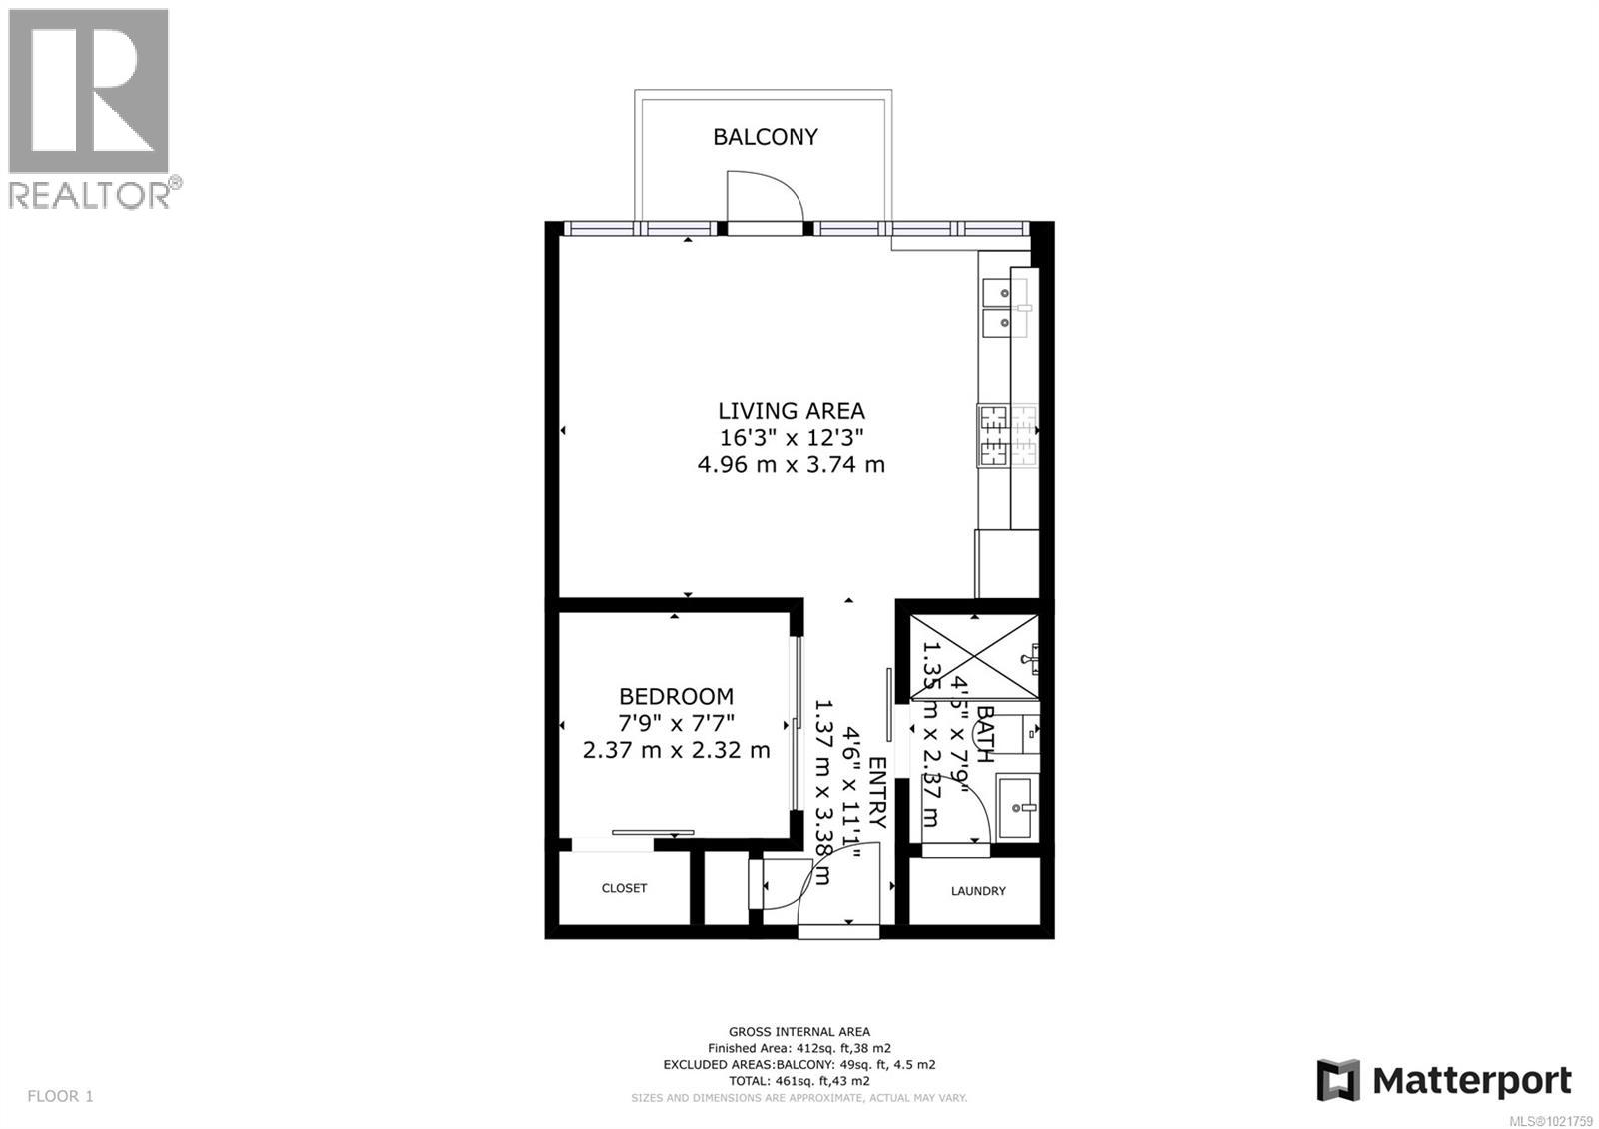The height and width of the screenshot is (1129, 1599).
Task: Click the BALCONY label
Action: pos(765,137)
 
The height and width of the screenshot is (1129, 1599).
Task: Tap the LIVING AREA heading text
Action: pos(791,410)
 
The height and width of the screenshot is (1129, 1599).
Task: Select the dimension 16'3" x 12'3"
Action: pos(791,437)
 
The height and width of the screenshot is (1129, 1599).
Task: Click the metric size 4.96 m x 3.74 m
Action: pos(791,464)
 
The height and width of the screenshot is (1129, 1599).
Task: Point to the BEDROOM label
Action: pos(676,696)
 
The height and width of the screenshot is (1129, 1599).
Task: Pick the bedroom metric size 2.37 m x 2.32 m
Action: pos(676,749)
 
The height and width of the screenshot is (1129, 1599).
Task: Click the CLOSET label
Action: pos(624,888)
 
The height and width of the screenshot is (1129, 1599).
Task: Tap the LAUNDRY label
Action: pos(978,891)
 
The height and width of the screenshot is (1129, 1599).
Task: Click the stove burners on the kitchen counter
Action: pos(994,435)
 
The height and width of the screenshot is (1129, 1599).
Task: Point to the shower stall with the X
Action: pos(974,657)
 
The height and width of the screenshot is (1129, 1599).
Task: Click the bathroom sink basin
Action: pos(1017,807)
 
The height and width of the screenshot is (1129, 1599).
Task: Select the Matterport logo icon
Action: pos(1338,1080)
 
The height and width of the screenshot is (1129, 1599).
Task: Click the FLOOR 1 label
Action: pos(60,1096)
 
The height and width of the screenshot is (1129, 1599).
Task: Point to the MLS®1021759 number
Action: pos(1550,1119)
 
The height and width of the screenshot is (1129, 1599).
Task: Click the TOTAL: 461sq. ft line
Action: pos(799,1081)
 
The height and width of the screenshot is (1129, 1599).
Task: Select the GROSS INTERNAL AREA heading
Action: pos(799,1032)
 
